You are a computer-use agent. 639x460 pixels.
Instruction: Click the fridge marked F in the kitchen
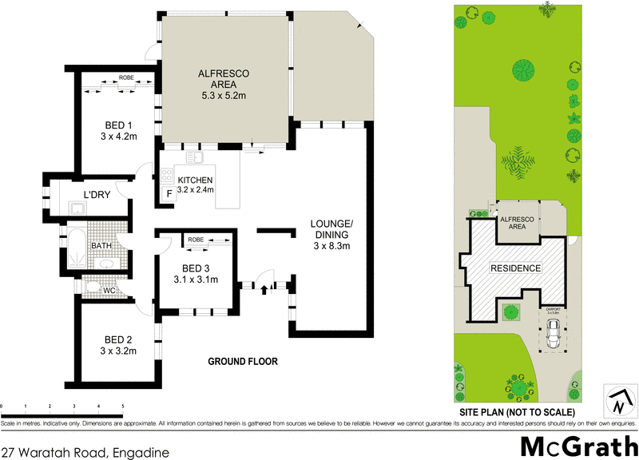click(x=169, y=194)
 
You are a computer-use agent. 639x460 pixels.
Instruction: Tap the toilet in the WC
click(x=93, y=286)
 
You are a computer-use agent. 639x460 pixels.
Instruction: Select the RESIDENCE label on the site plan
click(x=515, y=268)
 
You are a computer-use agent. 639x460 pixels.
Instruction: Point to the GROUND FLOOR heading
click(x=243, y=362)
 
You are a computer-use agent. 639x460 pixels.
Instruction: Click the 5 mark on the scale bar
click(x=122, y=406)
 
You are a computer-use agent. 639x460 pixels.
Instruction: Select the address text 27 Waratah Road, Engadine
click(x=85, y=453)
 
